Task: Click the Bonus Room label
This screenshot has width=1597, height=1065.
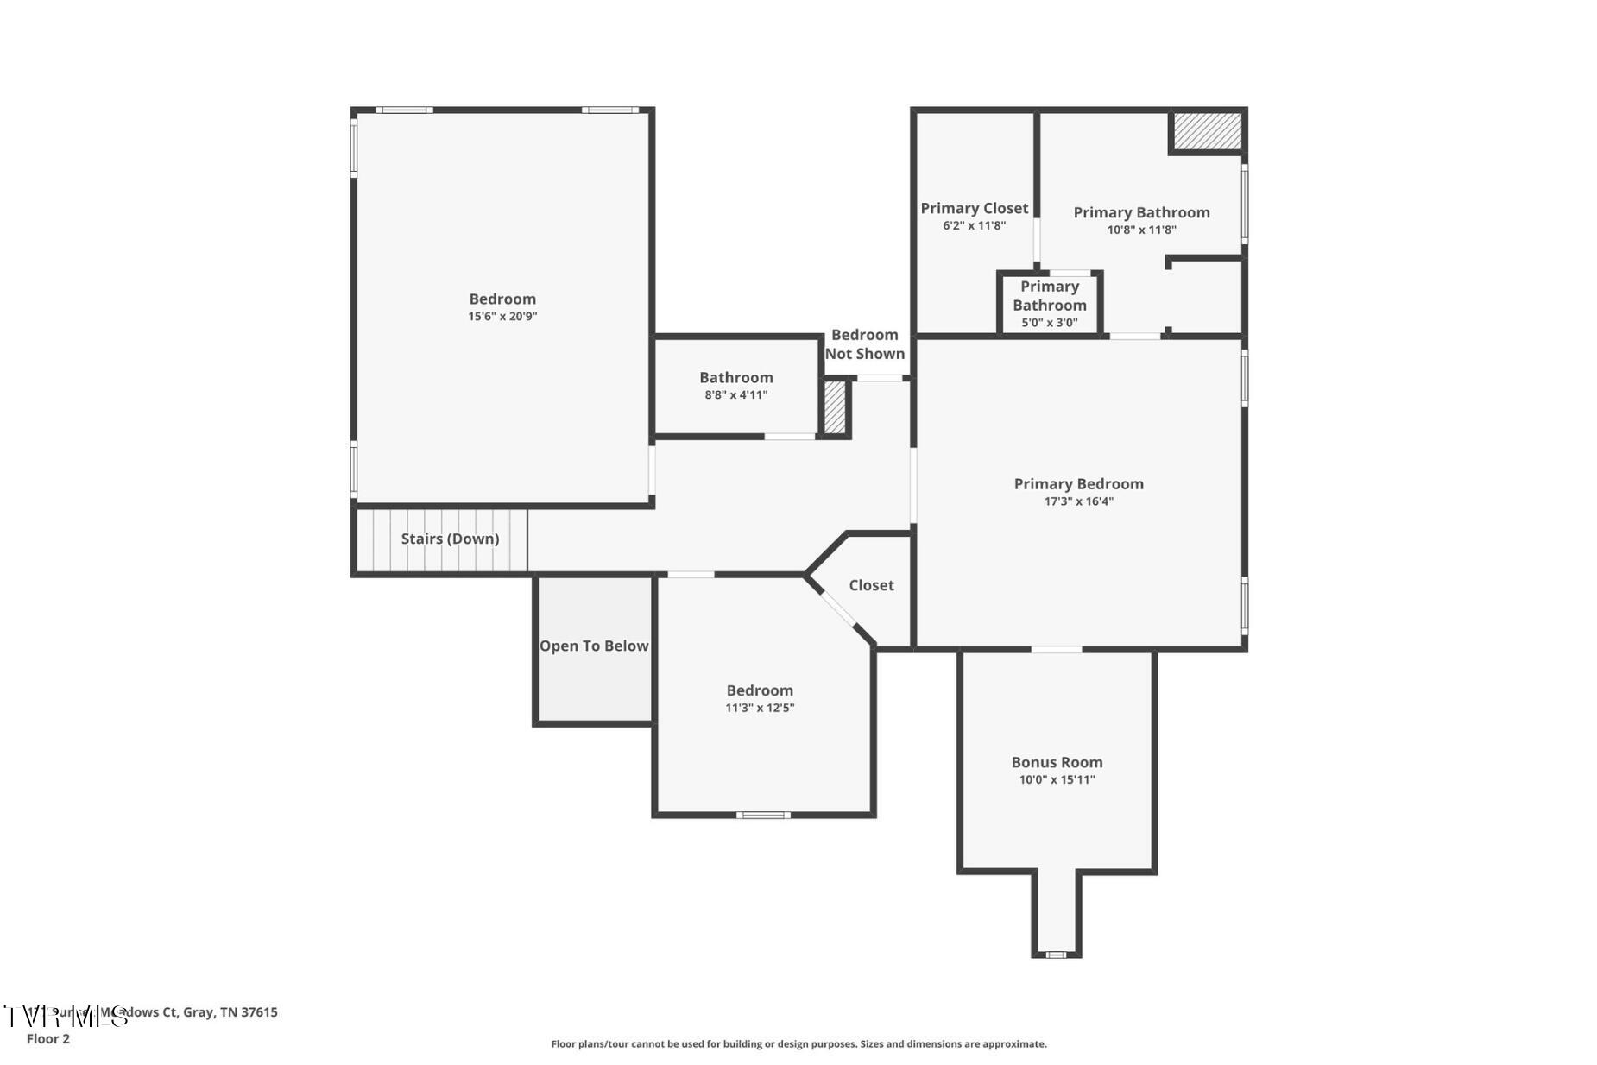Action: [1057, 762]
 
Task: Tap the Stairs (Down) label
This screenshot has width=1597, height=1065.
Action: [450, 539]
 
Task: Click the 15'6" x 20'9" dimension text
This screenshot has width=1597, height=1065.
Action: [502, 317]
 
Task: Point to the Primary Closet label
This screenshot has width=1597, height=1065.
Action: [974, 208]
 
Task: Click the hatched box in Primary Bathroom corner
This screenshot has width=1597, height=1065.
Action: [1207, 131]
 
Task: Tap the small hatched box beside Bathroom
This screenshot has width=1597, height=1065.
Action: [835, 408]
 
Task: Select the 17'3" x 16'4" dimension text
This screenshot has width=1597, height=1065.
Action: [1078, 501]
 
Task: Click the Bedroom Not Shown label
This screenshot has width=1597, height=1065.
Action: [864, 344]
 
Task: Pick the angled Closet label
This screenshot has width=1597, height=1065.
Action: [871, 585]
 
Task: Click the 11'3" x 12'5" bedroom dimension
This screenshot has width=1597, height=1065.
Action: [760, 708]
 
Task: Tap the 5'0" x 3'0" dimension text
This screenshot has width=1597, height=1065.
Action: [1050, 323]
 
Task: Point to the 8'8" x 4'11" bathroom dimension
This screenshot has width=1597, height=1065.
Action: [735, 395]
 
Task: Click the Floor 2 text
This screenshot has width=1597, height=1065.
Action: [48, 1039]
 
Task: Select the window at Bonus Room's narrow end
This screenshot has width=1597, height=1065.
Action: [1056, 955]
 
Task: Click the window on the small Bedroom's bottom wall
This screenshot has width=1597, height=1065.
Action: [762, 815]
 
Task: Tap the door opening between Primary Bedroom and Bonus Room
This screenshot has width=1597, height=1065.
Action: [1057, 649]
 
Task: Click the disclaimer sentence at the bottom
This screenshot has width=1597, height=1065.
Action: [798, 1044]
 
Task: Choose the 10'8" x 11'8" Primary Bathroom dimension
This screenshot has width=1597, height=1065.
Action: [1141, 230]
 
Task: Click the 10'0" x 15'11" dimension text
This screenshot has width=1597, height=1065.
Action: [1057, 779]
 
